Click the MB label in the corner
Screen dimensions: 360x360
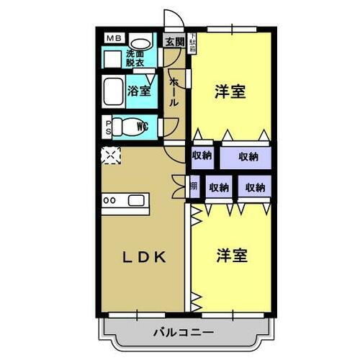pyautogui.click(x=113, y=38)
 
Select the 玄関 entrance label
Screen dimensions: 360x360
pyautogui.click(x=174, y=41)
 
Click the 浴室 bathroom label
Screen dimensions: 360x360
pyautogui.click(x=139, y=91)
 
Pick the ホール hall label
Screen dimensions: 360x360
pyautogui.click(x=174, y=93)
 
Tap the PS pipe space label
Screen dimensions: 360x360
pyautogui.click(x=109, y=127)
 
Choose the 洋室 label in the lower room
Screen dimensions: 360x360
pyautogui.click(x=230, y=256)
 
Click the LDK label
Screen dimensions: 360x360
pyautogui.click(x=143, y=256)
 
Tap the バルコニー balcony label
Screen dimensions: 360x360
pyautogui.click(x=182, y=333)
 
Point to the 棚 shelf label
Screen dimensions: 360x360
pyautogui.click(x=194, y=187)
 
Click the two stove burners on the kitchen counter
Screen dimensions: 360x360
pyautogui.click(x=110, y=200)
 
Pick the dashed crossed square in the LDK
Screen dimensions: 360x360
pyautogui.click(x=112, y=155)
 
